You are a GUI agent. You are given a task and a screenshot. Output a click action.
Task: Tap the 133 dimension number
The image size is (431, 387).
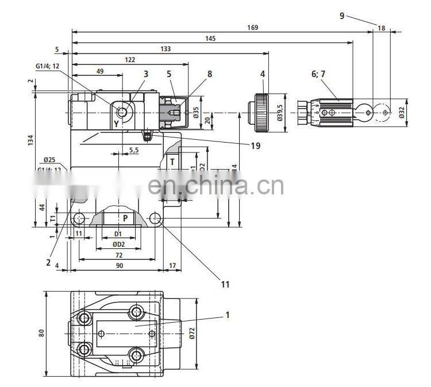click(166, 49)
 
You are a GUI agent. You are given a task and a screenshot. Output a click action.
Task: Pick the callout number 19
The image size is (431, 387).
click(255, 145)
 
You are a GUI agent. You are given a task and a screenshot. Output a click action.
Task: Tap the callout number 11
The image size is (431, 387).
click(225, 283)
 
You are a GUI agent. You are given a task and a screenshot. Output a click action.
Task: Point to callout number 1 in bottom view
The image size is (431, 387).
click(227, 315)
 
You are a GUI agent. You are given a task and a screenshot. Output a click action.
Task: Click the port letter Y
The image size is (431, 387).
click(116, 123)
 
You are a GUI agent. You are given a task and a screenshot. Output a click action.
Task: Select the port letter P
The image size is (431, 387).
click(125, 218)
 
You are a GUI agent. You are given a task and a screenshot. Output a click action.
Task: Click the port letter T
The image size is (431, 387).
click(172, 162)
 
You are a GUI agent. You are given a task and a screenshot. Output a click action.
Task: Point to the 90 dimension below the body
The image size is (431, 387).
click(119, 265)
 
